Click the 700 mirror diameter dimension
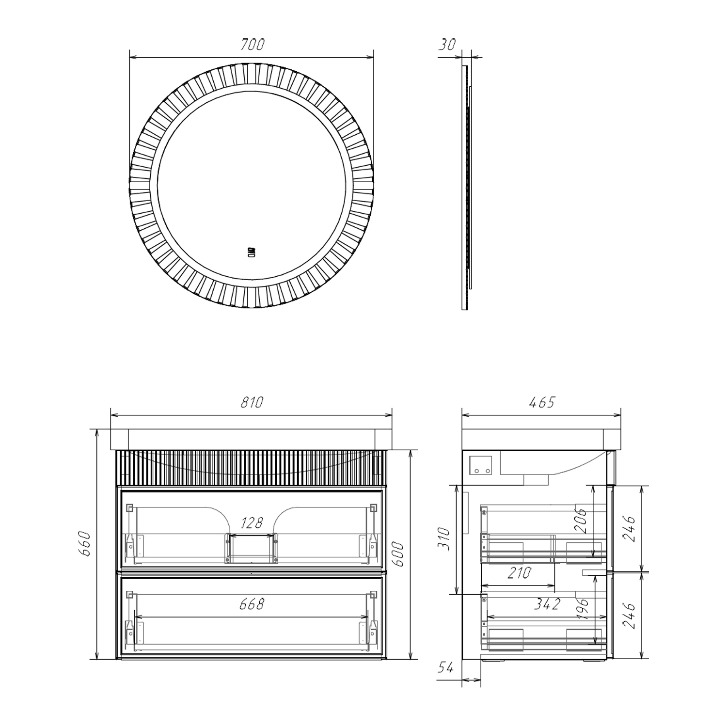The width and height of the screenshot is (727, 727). (252, 44)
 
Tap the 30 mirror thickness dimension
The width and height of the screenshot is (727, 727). (447, 45)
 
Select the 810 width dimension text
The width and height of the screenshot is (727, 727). (252, 402)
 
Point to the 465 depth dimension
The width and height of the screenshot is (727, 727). (542, 402)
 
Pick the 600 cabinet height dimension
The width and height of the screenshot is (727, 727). (397, 553)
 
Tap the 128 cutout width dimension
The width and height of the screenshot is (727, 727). (252, 522)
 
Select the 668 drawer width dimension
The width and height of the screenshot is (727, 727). (252, 604)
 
